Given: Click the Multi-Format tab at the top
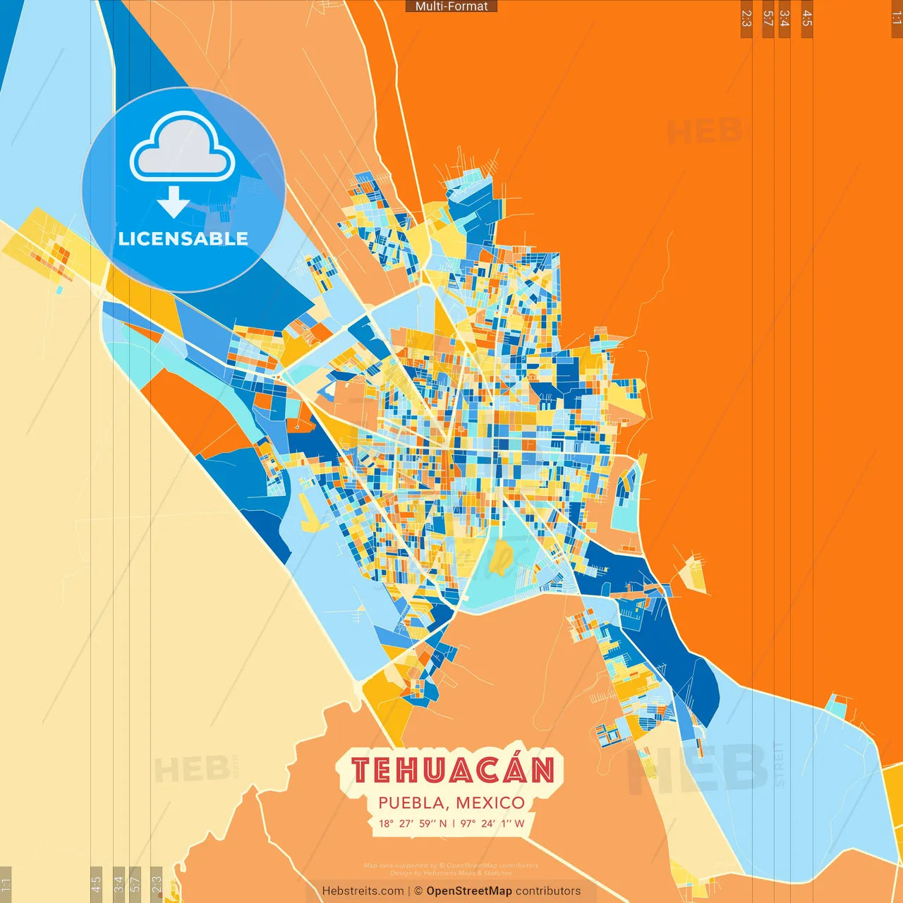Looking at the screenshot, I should (451, 6).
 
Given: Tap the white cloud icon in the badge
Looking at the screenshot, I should (183, 147).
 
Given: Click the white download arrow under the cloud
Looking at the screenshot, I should (174, 202).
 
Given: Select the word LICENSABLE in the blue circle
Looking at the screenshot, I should (183, 238).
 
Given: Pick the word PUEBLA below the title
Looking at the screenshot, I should (411, 803).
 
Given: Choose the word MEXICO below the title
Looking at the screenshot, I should (490, 803).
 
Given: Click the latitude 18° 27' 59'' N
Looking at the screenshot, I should (413, 823).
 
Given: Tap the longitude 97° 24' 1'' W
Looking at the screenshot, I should (492, 823).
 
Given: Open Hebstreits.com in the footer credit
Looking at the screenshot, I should (363, 891).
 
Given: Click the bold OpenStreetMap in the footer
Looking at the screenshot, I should (469, 891).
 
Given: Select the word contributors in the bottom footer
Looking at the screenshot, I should (548, 891).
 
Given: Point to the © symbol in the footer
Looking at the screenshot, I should (418, 891).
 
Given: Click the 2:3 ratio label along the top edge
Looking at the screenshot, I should (746, 18).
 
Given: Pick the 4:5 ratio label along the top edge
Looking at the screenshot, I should (807, 18).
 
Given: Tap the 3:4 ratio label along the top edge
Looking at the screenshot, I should (784, 18).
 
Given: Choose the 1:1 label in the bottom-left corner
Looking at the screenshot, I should (6, 885).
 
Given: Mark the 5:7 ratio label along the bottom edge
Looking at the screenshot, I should (135, 883).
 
